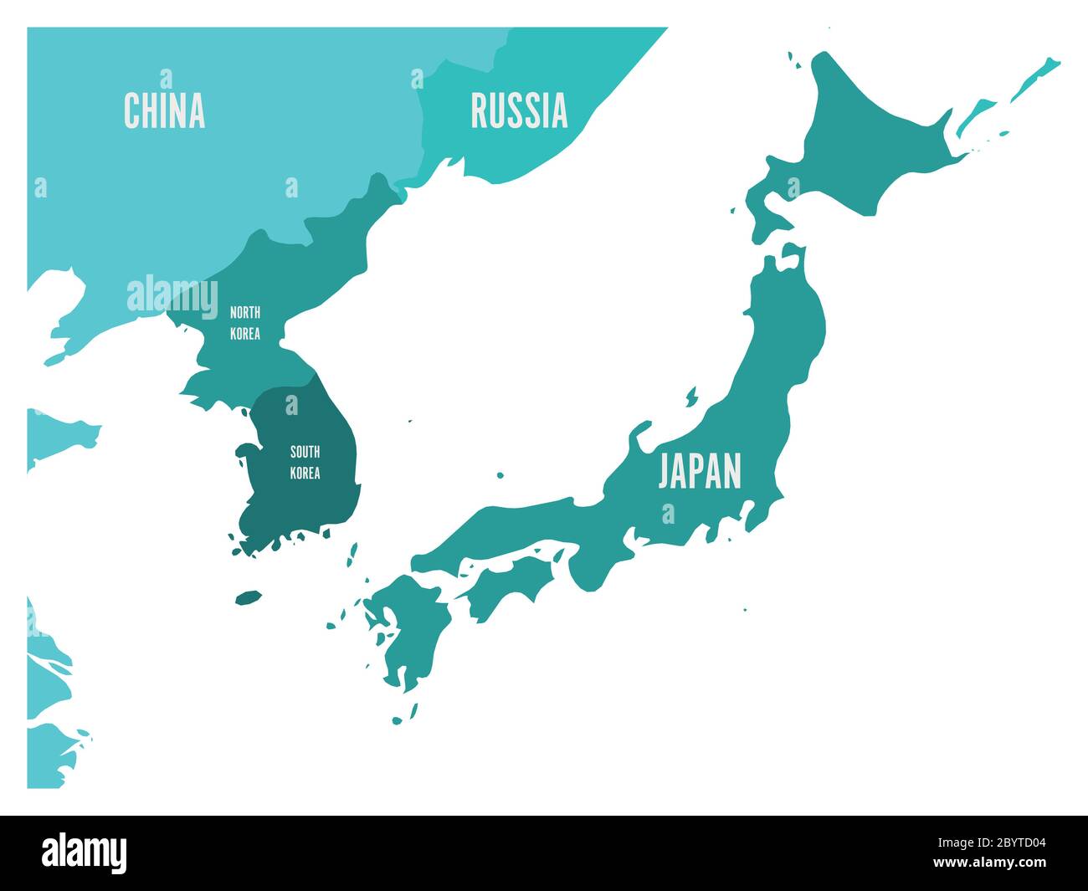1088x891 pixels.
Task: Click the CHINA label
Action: point(164,110)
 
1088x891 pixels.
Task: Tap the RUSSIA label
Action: point(519,111)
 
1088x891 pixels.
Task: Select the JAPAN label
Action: point(700,470)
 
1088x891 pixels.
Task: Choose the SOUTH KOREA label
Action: point(305,462)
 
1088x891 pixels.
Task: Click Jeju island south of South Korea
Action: point(249,597)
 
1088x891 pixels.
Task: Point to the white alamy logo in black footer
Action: point(85,853)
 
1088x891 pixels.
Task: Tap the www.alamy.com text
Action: point(1001,863)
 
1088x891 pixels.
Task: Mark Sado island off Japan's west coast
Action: point(692,396)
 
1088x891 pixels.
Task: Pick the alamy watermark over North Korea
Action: point(172,294)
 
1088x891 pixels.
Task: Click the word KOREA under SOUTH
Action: point(305,473)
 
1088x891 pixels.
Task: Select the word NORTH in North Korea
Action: point(245,313)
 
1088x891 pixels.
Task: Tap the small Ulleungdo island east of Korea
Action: point(410,421)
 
